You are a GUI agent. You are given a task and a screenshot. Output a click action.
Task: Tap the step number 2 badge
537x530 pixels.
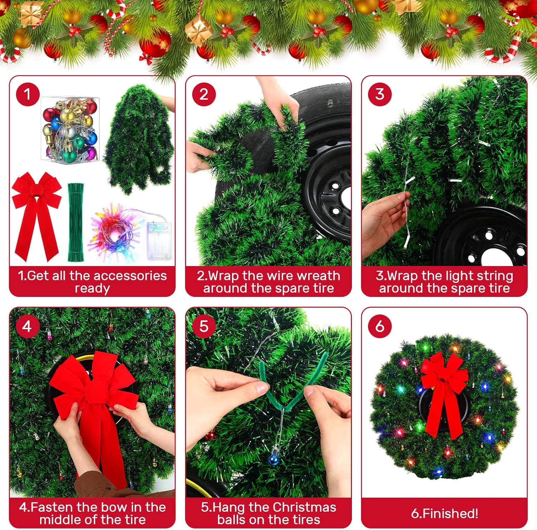204,94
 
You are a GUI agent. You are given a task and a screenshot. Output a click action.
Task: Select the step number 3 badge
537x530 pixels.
380,94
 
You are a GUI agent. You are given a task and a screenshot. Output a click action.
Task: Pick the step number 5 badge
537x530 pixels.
204,326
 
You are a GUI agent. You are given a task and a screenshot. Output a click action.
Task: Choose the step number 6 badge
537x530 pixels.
380,326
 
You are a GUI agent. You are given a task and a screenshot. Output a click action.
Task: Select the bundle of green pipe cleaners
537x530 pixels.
75,222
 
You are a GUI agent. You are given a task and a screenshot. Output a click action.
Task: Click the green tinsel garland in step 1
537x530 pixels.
140,140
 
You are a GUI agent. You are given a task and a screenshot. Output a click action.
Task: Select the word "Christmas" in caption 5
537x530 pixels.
304,507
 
